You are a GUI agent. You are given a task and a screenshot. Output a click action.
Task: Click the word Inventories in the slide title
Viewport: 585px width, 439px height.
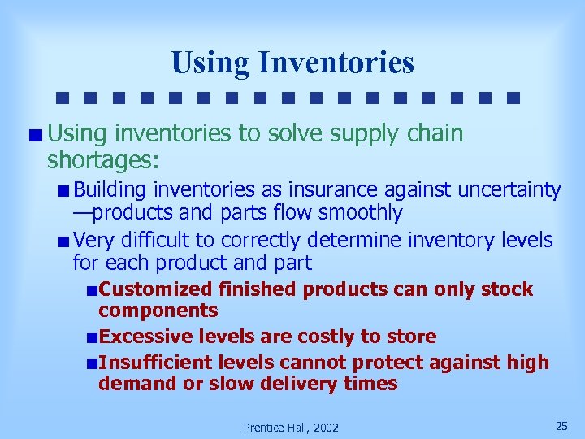coord(336,63)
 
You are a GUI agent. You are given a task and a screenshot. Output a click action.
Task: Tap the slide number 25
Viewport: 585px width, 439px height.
coord(561,425)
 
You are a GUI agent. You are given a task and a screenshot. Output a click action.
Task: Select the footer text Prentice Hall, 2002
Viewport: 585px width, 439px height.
coord(291,427)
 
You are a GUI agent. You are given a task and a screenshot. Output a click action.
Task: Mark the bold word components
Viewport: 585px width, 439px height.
coord(158,311)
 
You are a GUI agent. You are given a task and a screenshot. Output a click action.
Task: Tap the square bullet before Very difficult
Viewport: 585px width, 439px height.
coord(63,241)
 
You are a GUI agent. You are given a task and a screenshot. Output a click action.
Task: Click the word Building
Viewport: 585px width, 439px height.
coord(110,190)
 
